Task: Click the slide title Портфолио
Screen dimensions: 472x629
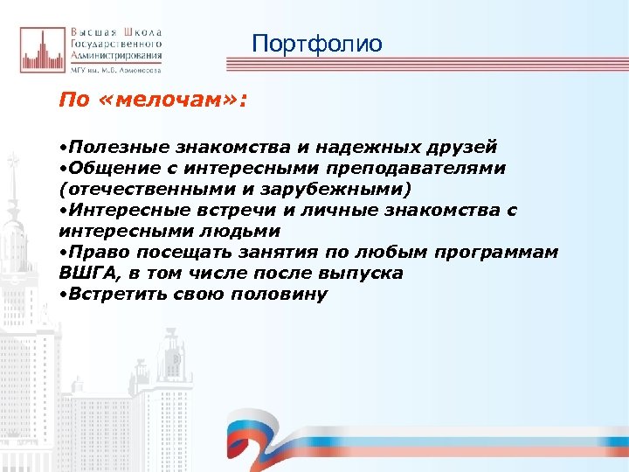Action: click(316, 43)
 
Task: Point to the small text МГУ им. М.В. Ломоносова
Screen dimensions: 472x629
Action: click(121, 66)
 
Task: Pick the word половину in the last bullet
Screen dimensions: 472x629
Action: click(280, 295)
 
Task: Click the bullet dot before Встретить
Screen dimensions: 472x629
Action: click(62, 295)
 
